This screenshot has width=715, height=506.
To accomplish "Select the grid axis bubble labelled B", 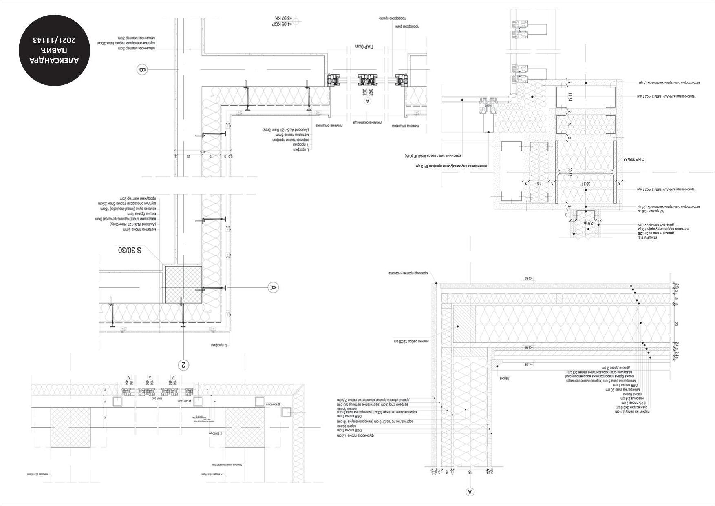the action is tap(142, 70).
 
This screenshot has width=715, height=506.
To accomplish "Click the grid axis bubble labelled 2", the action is tap(184, 364).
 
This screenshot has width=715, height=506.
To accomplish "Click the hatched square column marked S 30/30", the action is tap(183, 285).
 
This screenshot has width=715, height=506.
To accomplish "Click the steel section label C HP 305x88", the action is tap(635, 159).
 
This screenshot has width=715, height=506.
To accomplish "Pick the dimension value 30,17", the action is tap(585, 184).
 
